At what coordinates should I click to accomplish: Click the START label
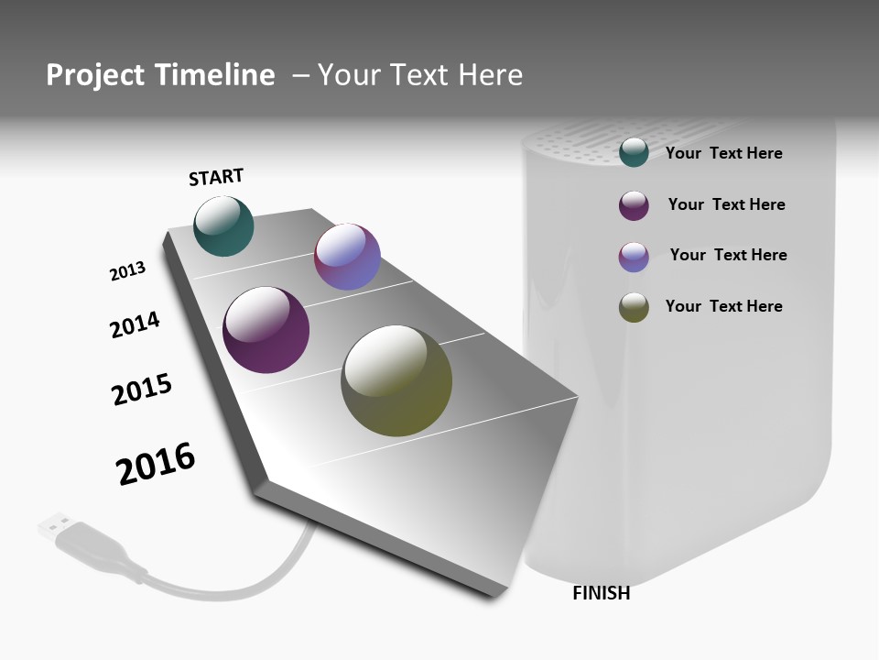pyautogui.click(x=216, y=177)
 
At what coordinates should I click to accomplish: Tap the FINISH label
pyautogui.click(x=601, y=593)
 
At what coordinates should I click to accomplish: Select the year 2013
pyautogui.click(x=127, y=271)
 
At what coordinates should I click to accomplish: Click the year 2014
pyautogui.click(x=135, y=324)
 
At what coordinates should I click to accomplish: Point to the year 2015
pyautogui.click(x=142, y=389)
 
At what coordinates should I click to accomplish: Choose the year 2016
pyautogui.click(x=156, y=464)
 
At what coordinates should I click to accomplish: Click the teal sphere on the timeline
pyautogui.click(x=224, y=225)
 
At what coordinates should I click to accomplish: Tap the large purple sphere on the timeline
pyautogui.click(x=266, y=330)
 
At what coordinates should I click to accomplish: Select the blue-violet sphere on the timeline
pyautogui.click(x=347, y=257)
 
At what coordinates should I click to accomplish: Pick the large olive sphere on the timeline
pyautogui.click(x=396, y=380)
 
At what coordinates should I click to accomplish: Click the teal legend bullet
pyautogui.click(x=634, y=152)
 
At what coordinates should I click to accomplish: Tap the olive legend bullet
pyautogui.click(x=634, y=307)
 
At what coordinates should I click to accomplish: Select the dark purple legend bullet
pyautogui.click(x=634, y=205)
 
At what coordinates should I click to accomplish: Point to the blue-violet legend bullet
pyautogui.click(x=634, y=257)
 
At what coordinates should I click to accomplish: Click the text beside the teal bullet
pyautogui.click(x=723, y=153)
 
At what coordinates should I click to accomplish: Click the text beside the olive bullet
pyautogui.click(x=723, y=306)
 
